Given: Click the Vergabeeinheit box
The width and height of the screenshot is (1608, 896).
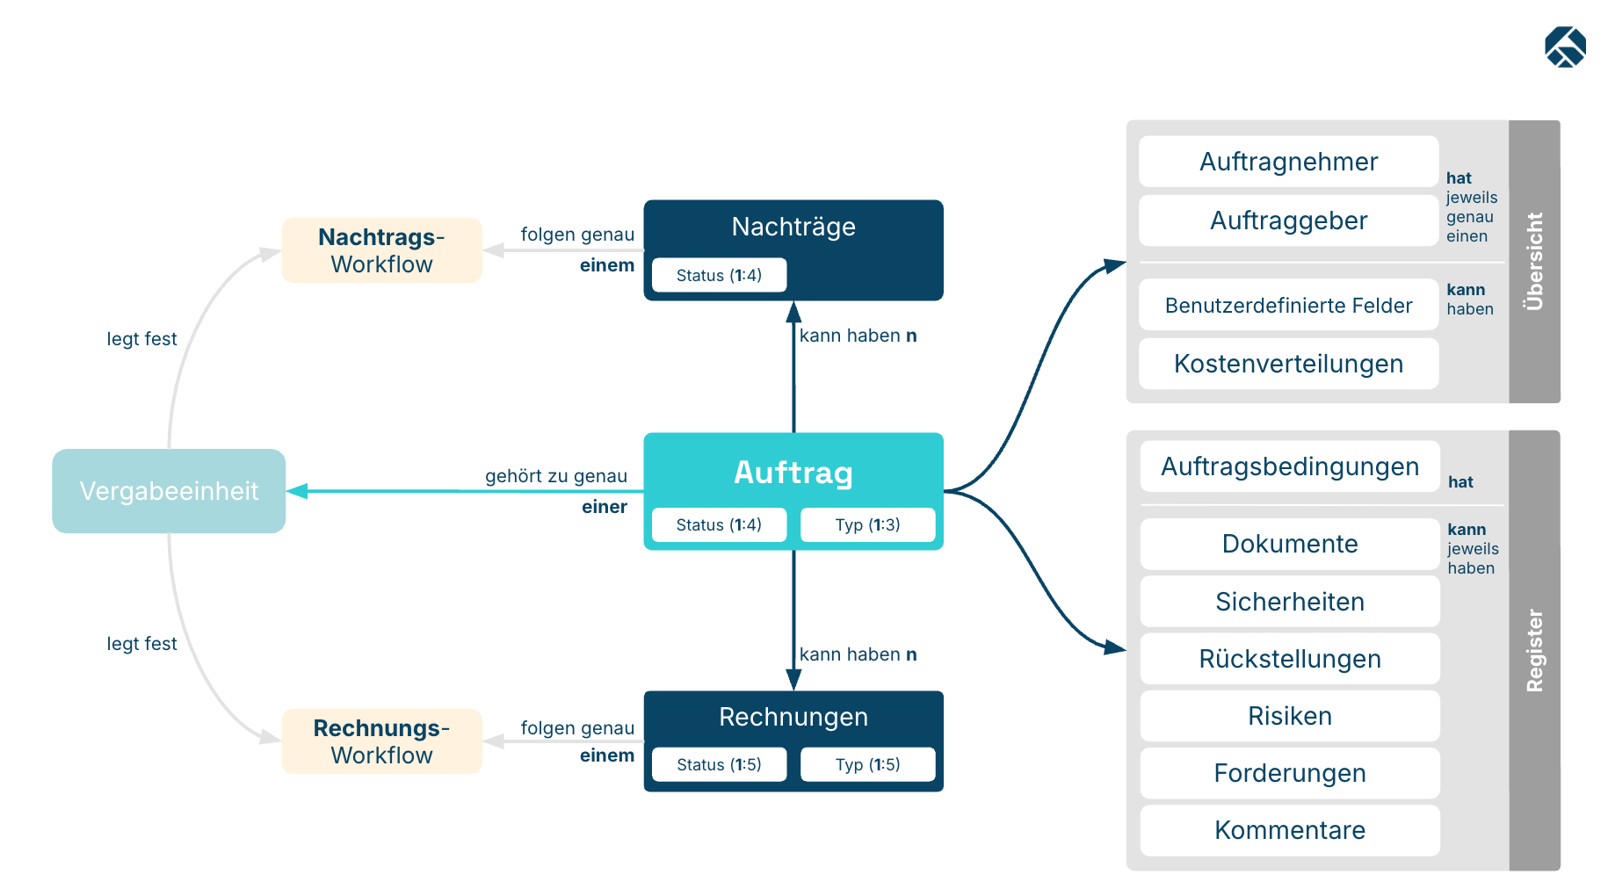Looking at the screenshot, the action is [x=169, y=491].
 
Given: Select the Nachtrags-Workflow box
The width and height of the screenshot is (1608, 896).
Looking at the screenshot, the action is [x=381, y=250].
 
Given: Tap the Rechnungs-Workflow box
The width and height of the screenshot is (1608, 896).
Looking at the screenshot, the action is [x=381, y=741].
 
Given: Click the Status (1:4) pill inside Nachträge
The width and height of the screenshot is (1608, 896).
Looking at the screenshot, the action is [x=719, y=275].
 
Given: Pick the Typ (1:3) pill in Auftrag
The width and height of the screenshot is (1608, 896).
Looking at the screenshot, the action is [x=867, y=524].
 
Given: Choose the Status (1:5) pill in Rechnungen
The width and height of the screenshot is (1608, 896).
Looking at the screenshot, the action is [x=719, y=764].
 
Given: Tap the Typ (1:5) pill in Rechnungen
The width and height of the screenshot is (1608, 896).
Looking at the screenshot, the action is [x=867, y=764].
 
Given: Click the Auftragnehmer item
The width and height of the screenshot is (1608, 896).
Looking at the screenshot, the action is [x=1289, y=162].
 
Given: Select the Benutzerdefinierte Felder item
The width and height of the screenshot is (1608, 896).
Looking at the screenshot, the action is [x=1289, y=305].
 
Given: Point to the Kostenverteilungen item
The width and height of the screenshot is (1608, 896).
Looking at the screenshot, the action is [x=1289, y=364].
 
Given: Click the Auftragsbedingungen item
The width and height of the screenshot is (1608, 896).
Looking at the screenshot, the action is [x=1290, y=466].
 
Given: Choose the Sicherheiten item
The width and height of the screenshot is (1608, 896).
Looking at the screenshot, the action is [x=1290, y=602].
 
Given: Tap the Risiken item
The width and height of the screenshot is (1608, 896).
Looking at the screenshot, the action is [x=1290, y=716].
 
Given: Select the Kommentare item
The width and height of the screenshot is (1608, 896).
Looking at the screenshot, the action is [x=1290, y=830].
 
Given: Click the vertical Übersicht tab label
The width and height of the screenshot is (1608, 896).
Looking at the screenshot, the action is [x=1534, y=262].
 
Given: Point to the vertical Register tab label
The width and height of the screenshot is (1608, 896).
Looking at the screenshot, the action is [x=1534, y=651].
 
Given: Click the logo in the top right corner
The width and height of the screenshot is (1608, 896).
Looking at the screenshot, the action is [x=1566, y=47].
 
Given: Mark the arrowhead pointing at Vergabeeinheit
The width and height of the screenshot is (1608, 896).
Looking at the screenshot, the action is [x=297, y=491].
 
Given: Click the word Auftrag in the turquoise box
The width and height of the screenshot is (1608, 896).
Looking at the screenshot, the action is [x=793, y=473].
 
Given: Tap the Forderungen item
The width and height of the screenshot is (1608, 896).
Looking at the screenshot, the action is [x=1290, y=773].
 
